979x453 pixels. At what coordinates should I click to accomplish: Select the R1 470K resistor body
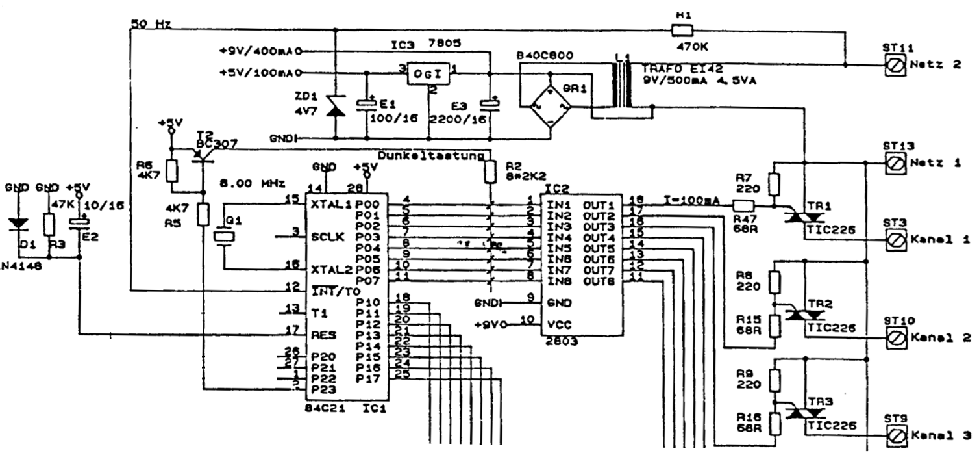(682, 29)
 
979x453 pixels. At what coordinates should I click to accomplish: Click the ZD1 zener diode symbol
(335, 108)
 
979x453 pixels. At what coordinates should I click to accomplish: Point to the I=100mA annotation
(690, 200)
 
